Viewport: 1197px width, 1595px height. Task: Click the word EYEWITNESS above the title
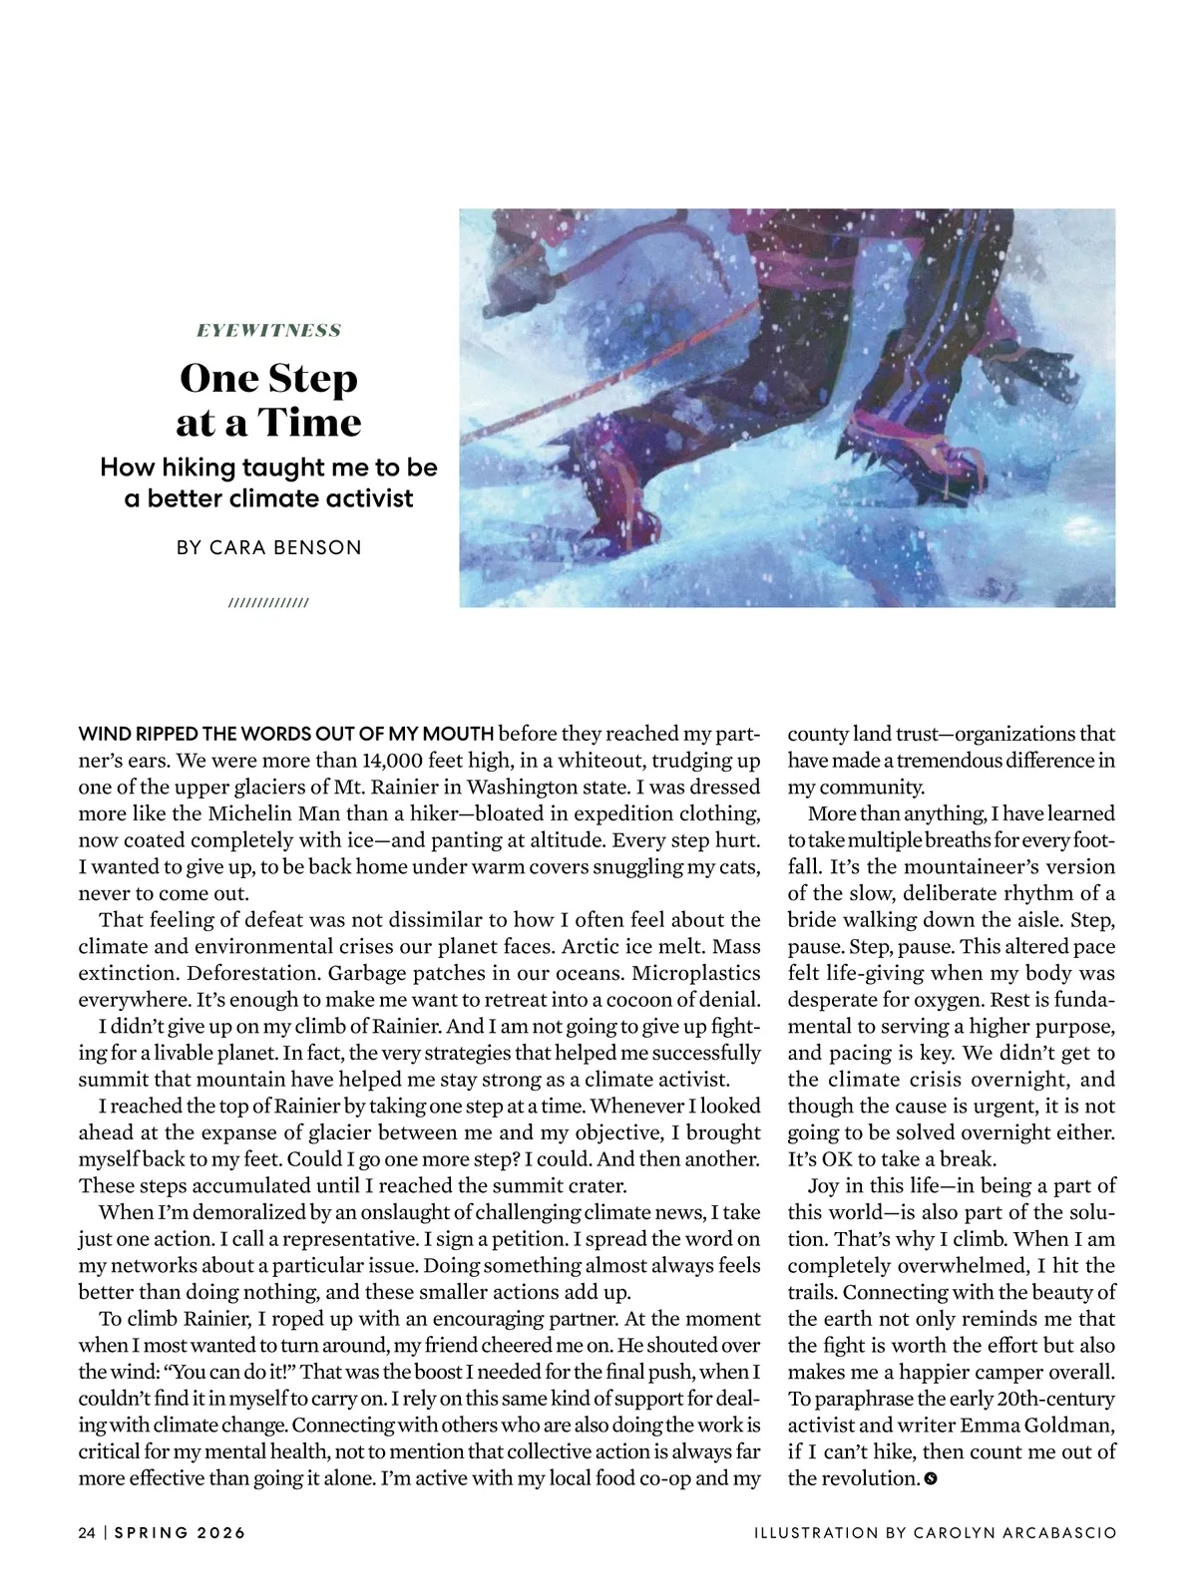point(268,330)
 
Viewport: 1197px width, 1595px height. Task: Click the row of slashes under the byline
point(268,603)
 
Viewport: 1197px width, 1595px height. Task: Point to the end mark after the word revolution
point(931,1478)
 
